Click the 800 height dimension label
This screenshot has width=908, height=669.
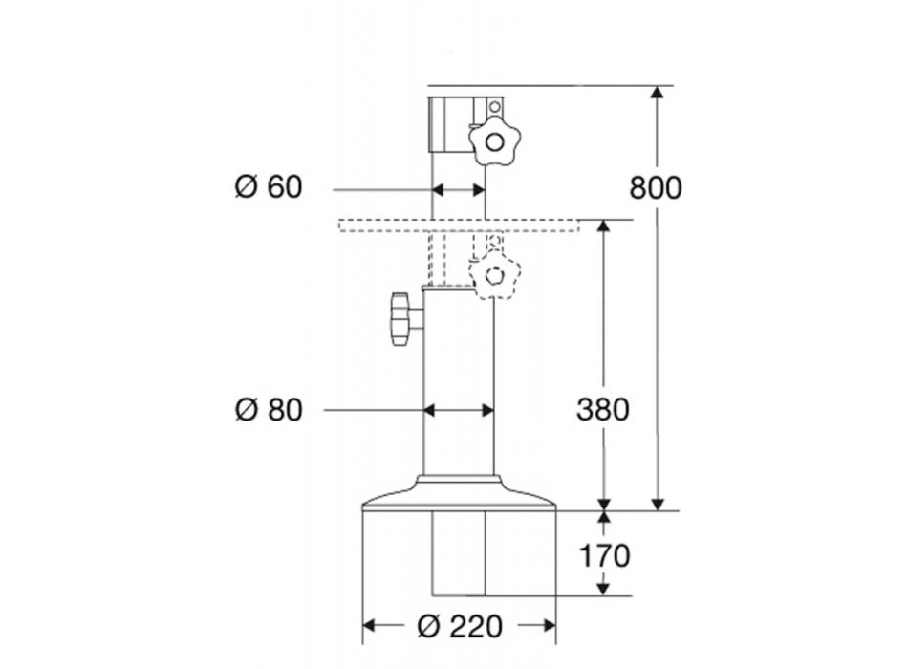(656, 188)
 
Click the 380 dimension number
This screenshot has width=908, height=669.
(603, 409)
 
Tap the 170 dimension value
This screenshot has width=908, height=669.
(603, 555)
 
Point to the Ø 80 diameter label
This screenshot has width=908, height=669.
(269, 410)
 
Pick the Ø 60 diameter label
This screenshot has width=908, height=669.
(269, 187)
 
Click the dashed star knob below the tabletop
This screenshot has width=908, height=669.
(494, 275)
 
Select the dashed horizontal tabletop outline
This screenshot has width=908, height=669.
(459, 226)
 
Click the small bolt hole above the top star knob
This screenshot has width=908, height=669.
(494, 106)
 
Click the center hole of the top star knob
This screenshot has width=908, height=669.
(494, 143)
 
